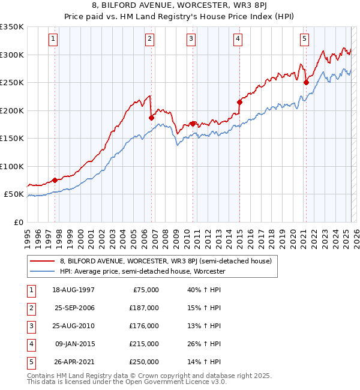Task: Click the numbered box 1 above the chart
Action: (x=53, y=39)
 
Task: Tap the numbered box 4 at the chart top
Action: (x=238, y=39)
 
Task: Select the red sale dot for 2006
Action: (x=152, y=118)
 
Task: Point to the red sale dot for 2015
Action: (x=239, y=103)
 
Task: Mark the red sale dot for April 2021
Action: (x=306, y=83)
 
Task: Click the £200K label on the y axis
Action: (x=12, y=110)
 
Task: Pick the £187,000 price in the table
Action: (x=145, y=308)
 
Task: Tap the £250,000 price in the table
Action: (x=145, y=362)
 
